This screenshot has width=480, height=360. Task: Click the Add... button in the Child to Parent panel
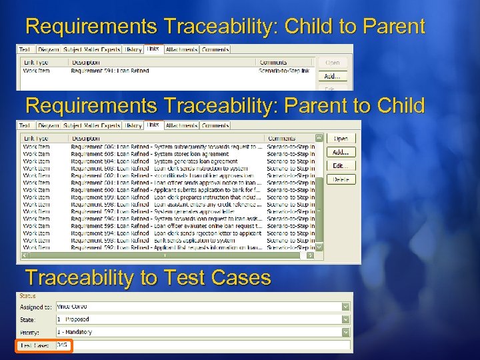coord(332,76)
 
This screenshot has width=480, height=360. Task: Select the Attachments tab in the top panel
coord(181,49)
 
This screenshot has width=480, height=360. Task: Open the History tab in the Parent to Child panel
coord(133,125)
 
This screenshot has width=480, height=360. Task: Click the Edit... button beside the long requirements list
coord(341,165)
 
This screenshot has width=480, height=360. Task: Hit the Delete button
coord(341,179)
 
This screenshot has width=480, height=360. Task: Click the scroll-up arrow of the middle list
coord(319,138)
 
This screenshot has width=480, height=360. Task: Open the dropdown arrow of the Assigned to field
coord(345,307)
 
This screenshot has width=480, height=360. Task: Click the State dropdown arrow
coord(345,319)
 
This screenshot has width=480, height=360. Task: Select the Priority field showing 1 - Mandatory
coord(200,332)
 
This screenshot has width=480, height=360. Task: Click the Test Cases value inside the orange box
coord(63,345)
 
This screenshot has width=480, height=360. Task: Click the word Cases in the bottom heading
coord(239,277)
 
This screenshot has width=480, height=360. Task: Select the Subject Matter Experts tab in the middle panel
coord(92,125)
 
